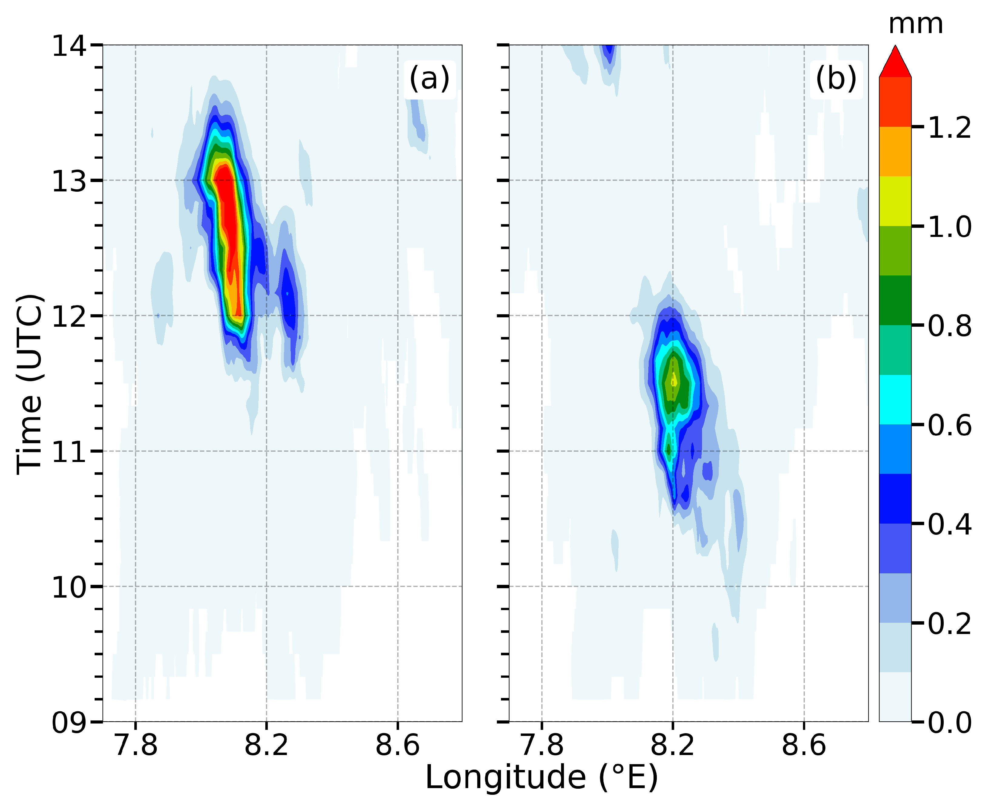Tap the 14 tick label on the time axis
point(70,46)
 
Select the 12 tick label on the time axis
point(70,317)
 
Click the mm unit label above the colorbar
point(915,24)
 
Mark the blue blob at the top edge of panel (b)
point(608,53)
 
